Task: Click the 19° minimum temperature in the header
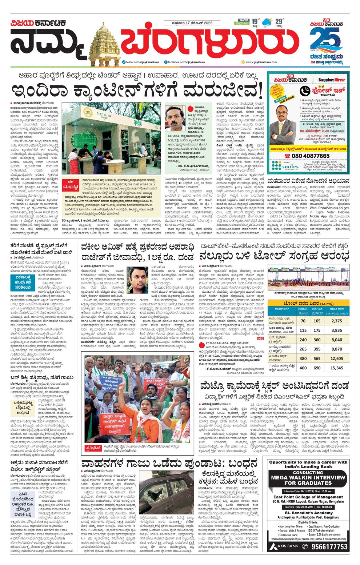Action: tap(256, 21)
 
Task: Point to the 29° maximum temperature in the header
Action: tap(279, 21)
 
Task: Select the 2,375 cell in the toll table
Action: tap(337, 321)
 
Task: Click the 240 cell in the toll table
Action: tap(303, 340)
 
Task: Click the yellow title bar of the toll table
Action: tap(308, 303)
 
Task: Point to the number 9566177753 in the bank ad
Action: tap(329, 546)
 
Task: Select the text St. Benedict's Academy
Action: tap(308, 513)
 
